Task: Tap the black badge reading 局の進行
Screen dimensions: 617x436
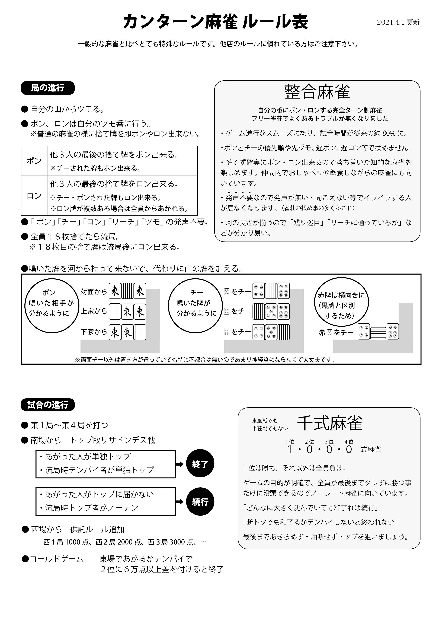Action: [x=47, y=88]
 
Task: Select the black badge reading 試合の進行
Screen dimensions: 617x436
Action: [x=47, y=405]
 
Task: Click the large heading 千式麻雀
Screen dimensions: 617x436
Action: [x=330, y=424]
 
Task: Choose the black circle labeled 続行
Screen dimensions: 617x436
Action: [x=200, y=501]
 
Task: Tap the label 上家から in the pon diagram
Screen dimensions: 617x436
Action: [x=94, y=311]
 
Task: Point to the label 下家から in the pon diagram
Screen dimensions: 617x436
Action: [x=94, y=332]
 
